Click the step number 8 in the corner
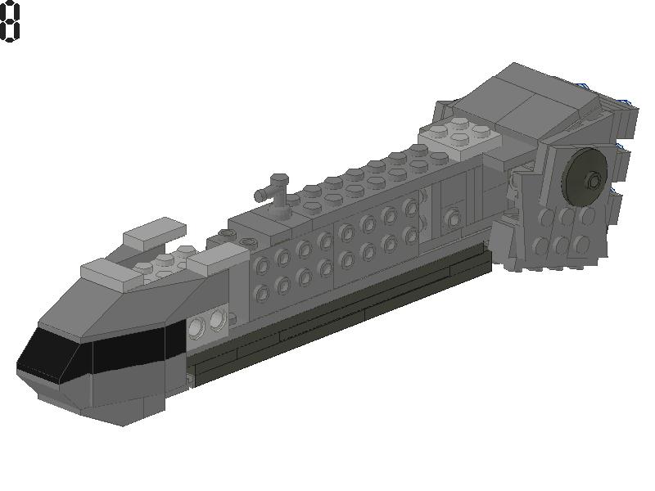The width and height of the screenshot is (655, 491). [x=10, y=21]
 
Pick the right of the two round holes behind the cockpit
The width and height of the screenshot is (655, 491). [x=218, y=320]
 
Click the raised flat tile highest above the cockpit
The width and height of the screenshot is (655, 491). [x=155, y=232]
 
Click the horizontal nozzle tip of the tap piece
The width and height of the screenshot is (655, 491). [x=260, y=195]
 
